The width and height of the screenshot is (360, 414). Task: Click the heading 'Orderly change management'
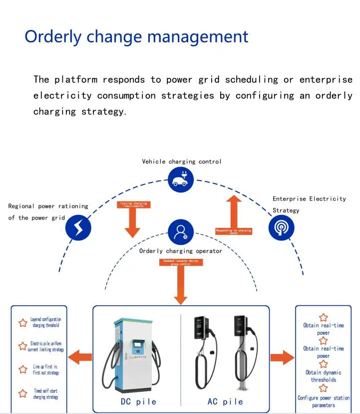[136, 37]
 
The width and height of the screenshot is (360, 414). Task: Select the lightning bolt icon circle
[79, 227]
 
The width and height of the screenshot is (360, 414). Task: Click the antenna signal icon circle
[281, 227]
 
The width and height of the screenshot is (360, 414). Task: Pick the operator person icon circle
[180, 232]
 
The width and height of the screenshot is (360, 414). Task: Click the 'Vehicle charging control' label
[182, 162]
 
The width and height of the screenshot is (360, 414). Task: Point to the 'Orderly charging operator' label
[180, 251]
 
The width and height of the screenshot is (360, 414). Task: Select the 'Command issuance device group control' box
[181, 262]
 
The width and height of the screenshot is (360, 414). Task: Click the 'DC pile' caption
[138, 402]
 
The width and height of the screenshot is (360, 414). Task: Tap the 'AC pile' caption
[225, 402]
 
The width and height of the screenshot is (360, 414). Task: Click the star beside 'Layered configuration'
[23, 323]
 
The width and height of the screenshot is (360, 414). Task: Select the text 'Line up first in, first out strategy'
[46, 370]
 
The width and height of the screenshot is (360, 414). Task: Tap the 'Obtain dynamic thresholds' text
[324, 376]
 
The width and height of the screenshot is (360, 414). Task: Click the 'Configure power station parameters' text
[324, 402]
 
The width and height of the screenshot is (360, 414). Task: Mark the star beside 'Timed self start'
[23, 394]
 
